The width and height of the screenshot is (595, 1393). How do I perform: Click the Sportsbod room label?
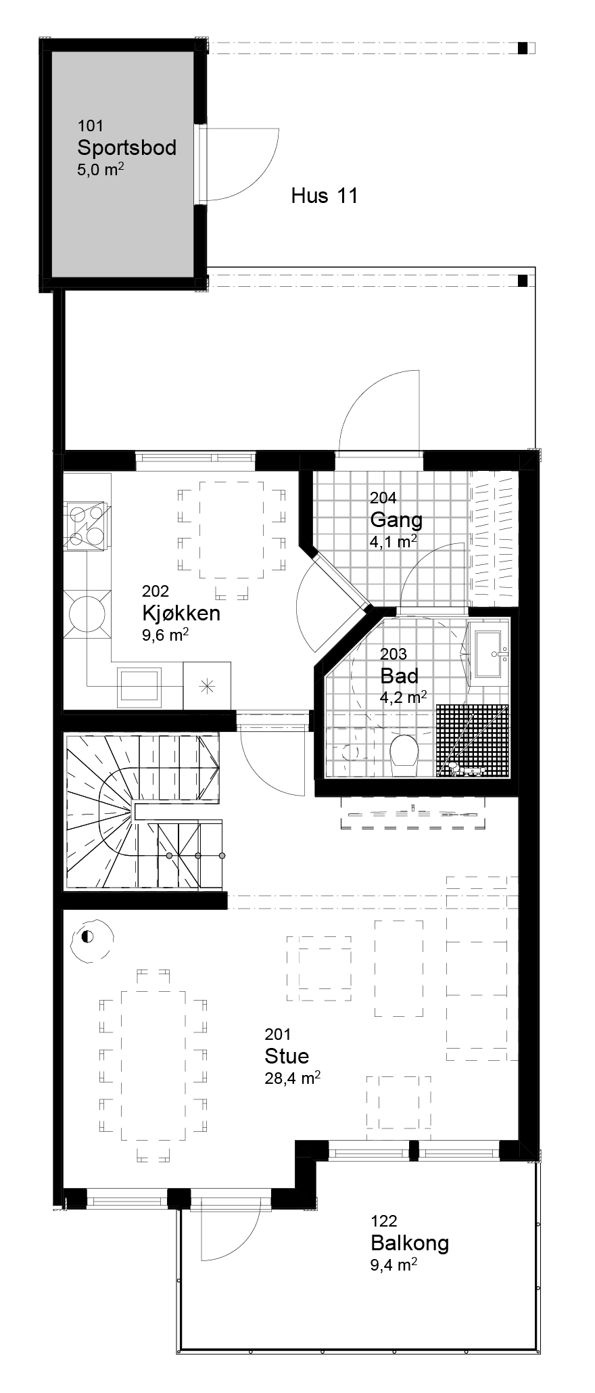(x=126, y=148)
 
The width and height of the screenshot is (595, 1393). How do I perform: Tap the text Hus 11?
(x=324, y=196)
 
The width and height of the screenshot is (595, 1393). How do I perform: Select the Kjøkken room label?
(x=181, y=614)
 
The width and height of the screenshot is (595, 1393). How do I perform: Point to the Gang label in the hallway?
(x=396, y=520)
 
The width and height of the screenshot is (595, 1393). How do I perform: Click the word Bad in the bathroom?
(x=399, y=676)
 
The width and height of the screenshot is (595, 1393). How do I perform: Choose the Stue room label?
(x=287, y=1056)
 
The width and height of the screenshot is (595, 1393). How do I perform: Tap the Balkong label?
(x=410, y=1243)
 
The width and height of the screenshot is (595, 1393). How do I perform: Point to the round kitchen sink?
(x=87, y=613)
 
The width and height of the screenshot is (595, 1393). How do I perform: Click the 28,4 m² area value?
(x=292, y=1078)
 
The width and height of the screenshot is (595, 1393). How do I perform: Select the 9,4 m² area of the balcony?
(x=394, y=1264)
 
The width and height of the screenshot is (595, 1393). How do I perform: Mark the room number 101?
(x=91, y=126)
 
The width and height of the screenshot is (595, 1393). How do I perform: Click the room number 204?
(x=383, y=499)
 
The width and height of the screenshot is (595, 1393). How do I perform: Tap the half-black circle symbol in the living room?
(x=87, y=937)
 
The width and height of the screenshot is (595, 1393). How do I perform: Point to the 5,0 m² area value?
(x=100, y=170)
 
